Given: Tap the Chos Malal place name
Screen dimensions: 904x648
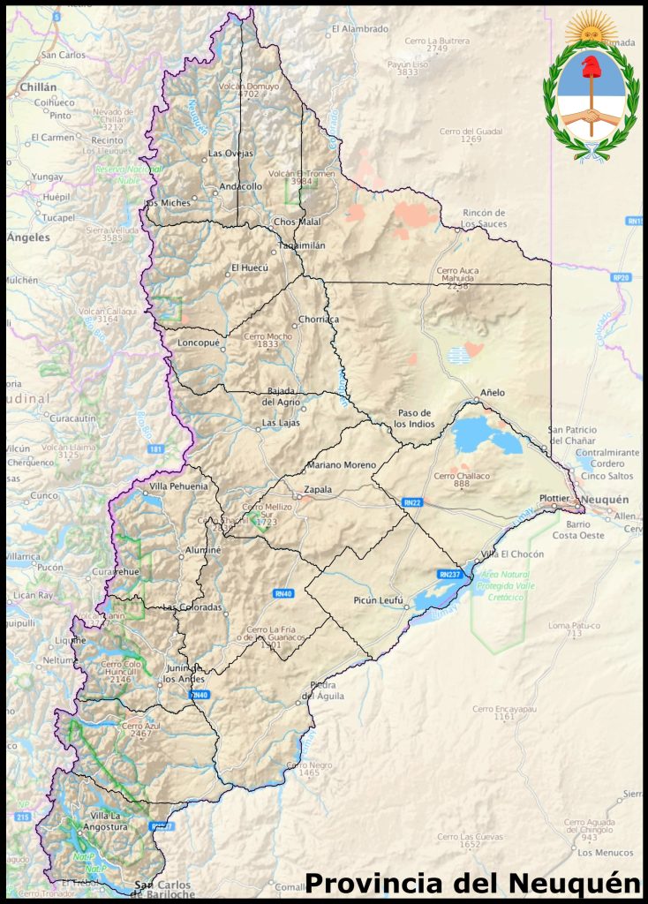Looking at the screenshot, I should pyautogui.click(x=297, y=222).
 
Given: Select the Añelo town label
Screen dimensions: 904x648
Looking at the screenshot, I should pyautogui.click(x=493, y=392).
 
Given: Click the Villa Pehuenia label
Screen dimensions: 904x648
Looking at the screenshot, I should pyautogui.click(x=179, y=486).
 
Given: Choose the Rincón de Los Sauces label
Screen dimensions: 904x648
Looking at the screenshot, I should pyautogui.click(x=483, y=218).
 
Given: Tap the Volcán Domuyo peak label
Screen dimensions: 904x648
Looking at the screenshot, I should pyautogui.click(x=250, y=90).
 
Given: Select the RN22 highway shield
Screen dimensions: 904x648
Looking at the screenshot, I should pyautogui.click(x=411, y=502).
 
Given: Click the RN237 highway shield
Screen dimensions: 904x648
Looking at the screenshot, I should pyautogui.click(x=449, y=574).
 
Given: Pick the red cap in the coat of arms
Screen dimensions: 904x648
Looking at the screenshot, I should pyautogui.click(x=591, y=67).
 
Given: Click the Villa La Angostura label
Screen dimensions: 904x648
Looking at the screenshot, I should pyautogui.click(x=104, y=821).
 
